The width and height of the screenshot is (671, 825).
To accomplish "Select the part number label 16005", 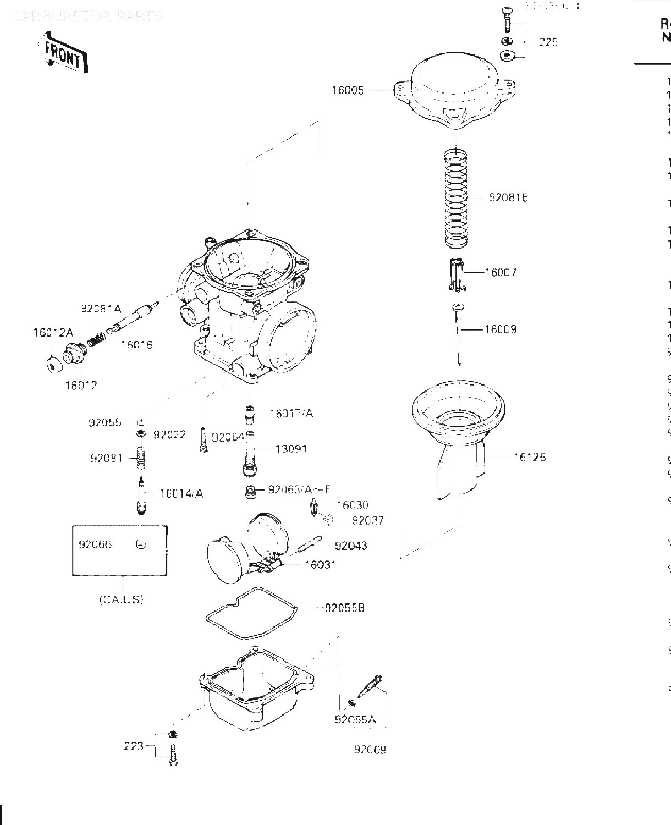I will (348, 90).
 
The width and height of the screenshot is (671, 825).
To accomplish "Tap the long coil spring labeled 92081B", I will (457, 199).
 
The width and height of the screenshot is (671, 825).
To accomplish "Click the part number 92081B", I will (508, 197).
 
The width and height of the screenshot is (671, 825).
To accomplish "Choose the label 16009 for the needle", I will (500, 329).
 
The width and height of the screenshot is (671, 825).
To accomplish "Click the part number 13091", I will (291, 449).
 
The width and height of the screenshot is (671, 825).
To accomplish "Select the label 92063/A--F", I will (299, 490).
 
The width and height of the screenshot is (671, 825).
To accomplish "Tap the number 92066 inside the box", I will (95, 544).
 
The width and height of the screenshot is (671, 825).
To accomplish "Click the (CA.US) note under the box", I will (122, 599).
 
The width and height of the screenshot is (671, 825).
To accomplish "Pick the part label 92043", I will (351, 546).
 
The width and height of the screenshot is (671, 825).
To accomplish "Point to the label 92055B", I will (344, 608).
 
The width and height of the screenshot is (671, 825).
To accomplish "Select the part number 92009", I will (370, 749).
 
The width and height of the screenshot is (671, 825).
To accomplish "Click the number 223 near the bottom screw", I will (134, 746).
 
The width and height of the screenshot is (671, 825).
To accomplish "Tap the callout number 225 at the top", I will (548, 42).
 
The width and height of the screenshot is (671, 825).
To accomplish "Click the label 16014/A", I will (181, 493).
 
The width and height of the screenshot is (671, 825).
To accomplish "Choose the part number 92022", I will (169, 435).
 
